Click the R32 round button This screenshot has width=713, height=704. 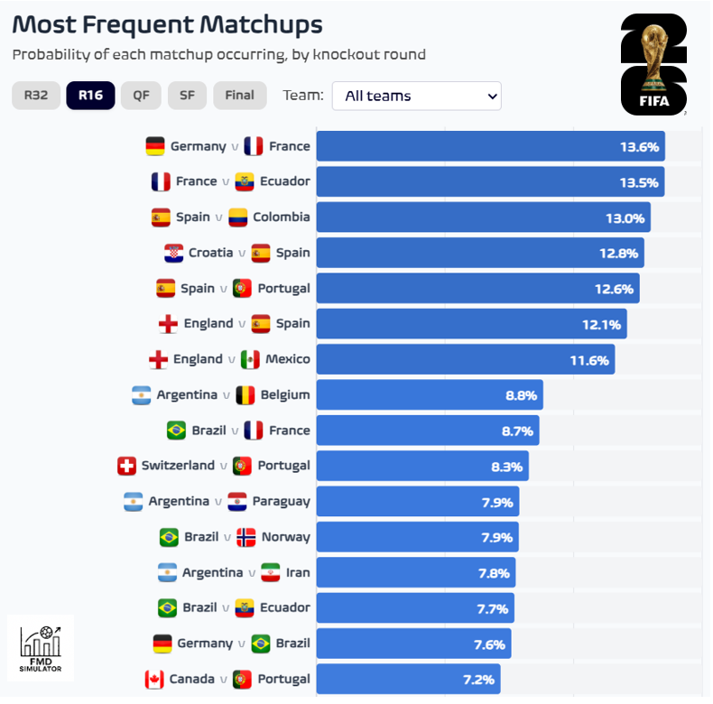(x=36, y=95)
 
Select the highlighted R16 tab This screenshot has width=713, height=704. (x=90, y=95)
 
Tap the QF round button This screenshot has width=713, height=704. (x=141, y=95)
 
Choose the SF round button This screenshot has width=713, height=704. (x=187, y=95)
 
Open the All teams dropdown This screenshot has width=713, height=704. (x=416, y=96)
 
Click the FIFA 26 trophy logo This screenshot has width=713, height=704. (x=653, y=65)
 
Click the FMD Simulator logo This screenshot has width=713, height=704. (x=41, y=647)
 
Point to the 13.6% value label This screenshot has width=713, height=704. (x=639, y=146)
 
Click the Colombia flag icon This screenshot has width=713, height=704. (x=238, y=218)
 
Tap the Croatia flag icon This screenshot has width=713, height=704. (x=174, y=253)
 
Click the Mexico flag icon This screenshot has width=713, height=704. (x=250, y=359)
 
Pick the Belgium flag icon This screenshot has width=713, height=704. (x=245, y=394)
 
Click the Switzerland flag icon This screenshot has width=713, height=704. (x=127, y=466)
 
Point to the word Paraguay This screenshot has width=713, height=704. (x=281, y=501)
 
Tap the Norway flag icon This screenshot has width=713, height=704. (x=245, y=537)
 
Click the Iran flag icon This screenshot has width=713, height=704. (x=271, y=572)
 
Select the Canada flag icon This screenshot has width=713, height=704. (x=154, y=679)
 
